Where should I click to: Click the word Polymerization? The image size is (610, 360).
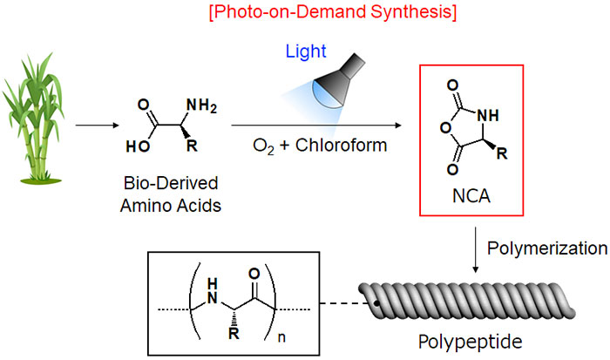tap(546, 248)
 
